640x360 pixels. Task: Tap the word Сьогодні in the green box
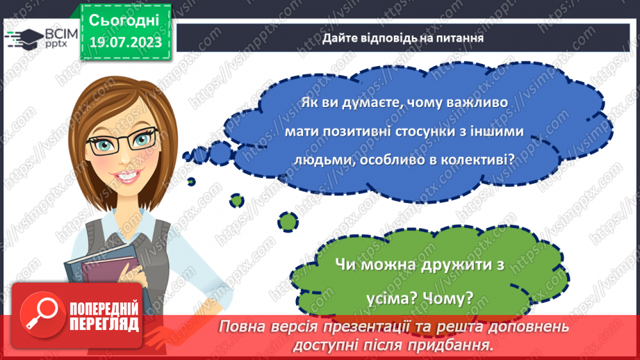125,19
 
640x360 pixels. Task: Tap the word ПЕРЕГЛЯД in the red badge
104,324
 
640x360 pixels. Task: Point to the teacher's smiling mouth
125,188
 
